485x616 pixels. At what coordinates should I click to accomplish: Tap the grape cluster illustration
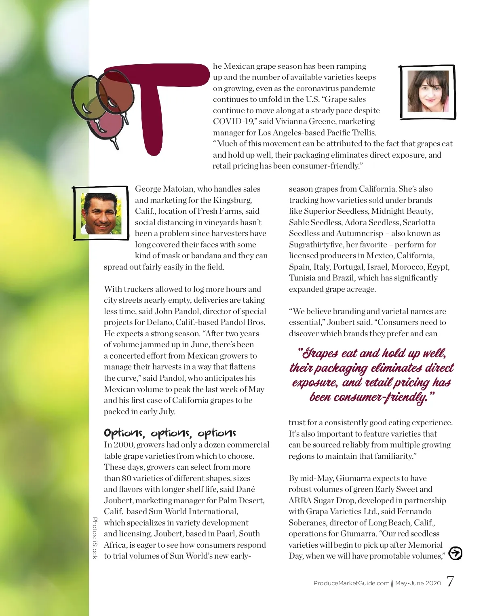click(101, 105)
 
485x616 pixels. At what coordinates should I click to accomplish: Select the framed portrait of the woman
click(428, 92)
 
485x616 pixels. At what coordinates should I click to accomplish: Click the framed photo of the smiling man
click(101, 213)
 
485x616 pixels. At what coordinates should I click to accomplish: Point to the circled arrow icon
click(455, 553)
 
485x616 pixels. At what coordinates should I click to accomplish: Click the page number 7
click(450, 581)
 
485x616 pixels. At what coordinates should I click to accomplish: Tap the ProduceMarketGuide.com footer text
click(351, 583)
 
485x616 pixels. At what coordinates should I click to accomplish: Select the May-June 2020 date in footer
click(418, 583)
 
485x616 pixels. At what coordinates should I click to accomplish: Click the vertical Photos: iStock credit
click(95, 538)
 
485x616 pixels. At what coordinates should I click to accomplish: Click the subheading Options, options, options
click(170, 433)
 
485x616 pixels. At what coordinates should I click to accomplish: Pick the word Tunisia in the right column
click(302, 278)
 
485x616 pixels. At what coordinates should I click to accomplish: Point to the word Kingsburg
click(232, 200)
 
